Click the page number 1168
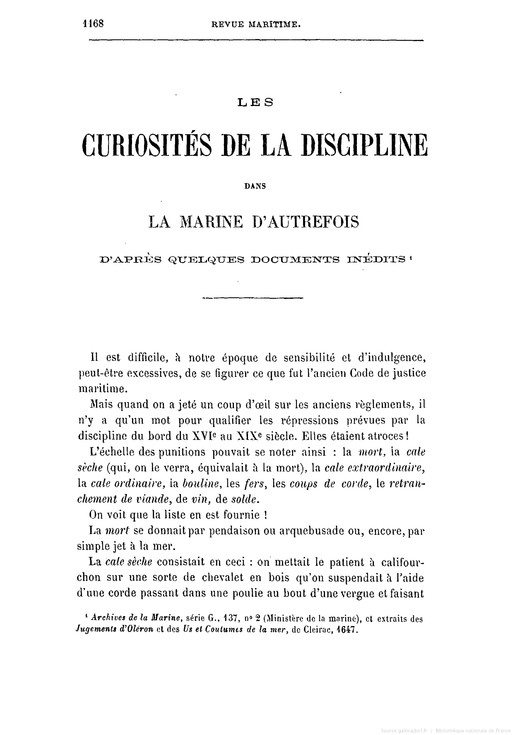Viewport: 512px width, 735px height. click(x=93, y=24)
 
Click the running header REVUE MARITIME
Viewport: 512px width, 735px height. click(x=256, y=25)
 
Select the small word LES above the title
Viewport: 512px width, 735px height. click(x=255, y=102)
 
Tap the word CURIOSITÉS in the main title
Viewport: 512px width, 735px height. click(x=147, y=146)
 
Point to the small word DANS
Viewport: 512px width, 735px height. click(x=255, y=186)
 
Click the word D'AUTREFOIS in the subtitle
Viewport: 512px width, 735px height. click(x=306, y=222)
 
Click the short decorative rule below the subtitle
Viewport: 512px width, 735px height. click(x=253, y=298)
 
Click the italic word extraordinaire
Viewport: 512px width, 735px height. click(x=375, y=468)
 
